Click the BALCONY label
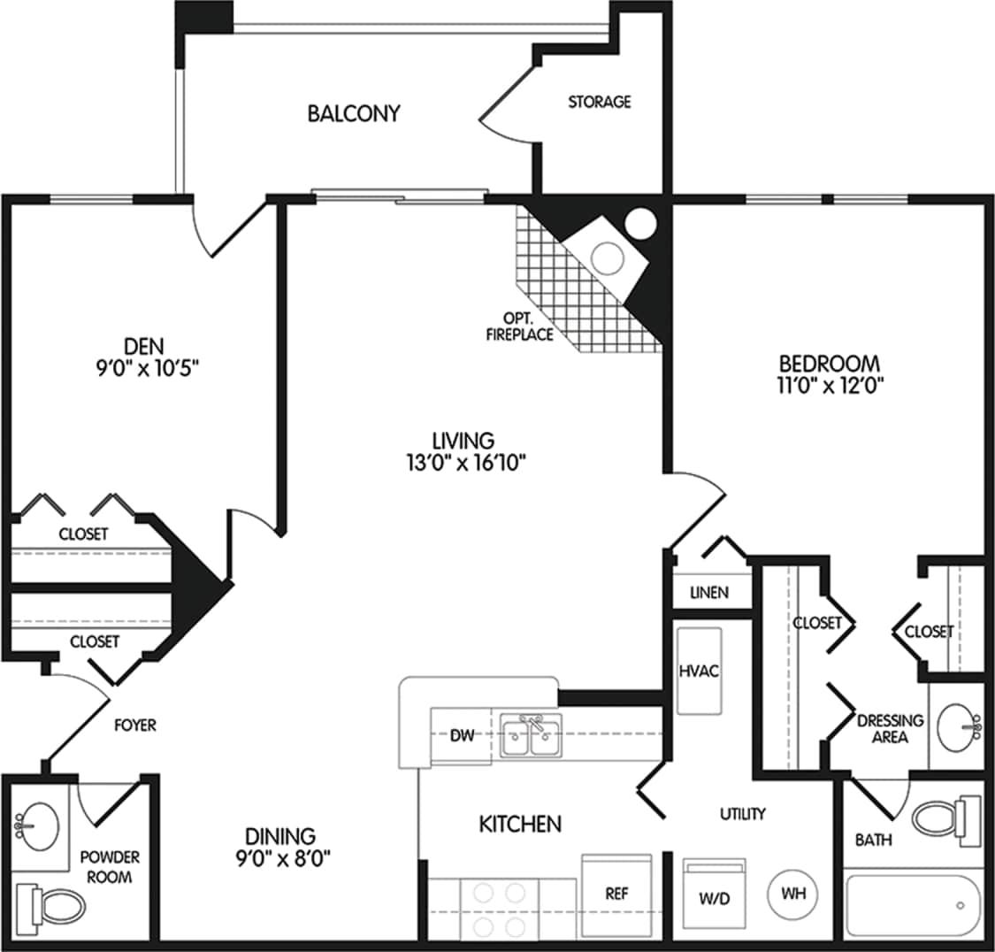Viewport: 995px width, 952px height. pos(354,113)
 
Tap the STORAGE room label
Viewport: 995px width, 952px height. pos(599,102)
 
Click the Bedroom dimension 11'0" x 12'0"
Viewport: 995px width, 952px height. pos(829,385)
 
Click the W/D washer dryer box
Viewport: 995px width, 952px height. pos(714,895)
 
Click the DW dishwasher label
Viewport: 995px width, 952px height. pos(461,735)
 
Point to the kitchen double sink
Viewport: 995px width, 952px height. pos(531,736)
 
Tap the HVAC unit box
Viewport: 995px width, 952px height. pos(698,671)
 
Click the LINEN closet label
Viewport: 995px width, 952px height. pos(709,592)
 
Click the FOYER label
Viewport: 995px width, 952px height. pos(135,726)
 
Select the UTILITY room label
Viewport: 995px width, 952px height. pos(742,813)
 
